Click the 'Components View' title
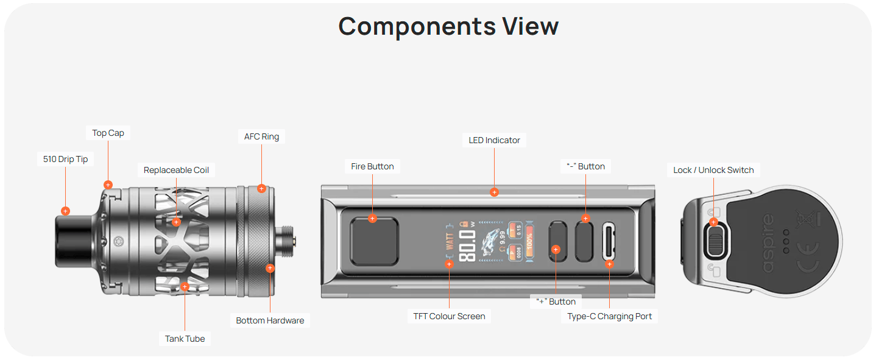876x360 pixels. coord(448,27)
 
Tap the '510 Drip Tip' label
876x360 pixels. coord(66,160)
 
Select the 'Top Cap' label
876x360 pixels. coord(108,133)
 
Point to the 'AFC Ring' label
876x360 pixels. coord(261,136)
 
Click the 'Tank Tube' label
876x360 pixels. coord(185,339)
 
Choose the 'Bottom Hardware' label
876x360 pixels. coord(270,320)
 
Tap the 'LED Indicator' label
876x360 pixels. coord(494,140)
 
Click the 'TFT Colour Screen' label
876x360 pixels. coord(449,316)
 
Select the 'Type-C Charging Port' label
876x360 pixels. coord(609,316)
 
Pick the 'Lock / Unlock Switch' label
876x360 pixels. coord(713,170)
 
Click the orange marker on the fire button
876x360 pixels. coord(372,218)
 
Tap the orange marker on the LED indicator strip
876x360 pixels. coord(494,192)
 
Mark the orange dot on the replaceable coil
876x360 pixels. coord(176,222)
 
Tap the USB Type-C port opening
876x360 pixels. coord(609,242)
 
